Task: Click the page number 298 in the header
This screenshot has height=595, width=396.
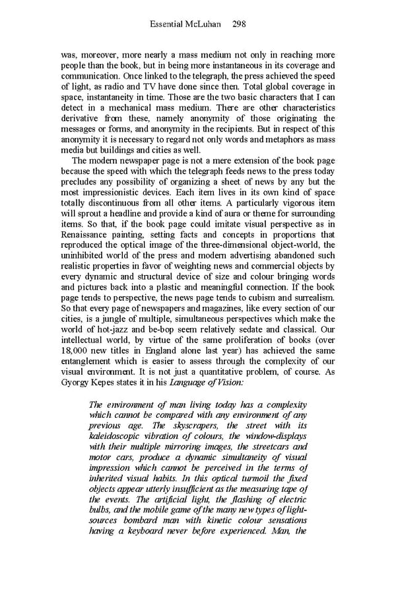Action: coord(240,24)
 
